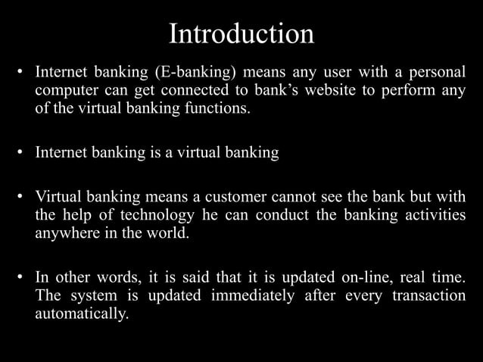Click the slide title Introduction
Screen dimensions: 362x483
click(x=241, y=34)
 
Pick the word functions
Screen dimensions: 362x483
click(x=214, y=108)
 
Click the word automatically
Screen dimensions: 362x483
click(x=77, y=312)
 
